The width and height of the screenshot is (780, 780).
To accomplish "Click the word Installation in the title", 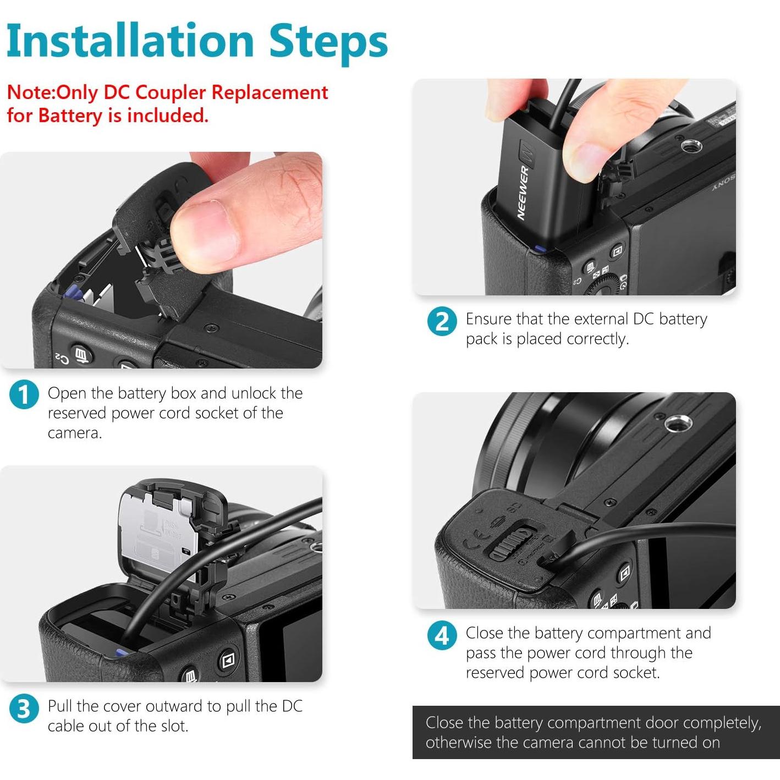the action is [130, 41].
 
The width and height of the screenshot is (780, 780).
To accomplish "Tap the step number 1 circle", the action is [24, 394].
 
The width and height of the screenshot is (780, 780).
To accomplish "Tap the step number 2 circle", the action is [442, 321].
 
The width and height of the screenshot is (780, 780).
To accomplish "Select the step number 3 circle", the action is [24, 708].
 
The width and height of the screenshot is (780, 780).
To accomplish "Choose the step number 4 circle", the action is [442, 635].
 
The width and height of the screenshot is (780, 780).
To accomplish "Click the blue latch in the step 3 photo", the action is [122, 652].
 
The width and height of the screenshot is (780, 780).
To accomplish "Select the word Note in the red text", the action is [30, 93].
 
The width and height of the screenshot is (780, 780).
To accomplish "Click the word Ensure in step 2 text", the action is [488, 318].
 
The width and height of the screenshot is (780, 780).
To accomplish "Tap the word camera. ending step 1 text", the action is [74, 433].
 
